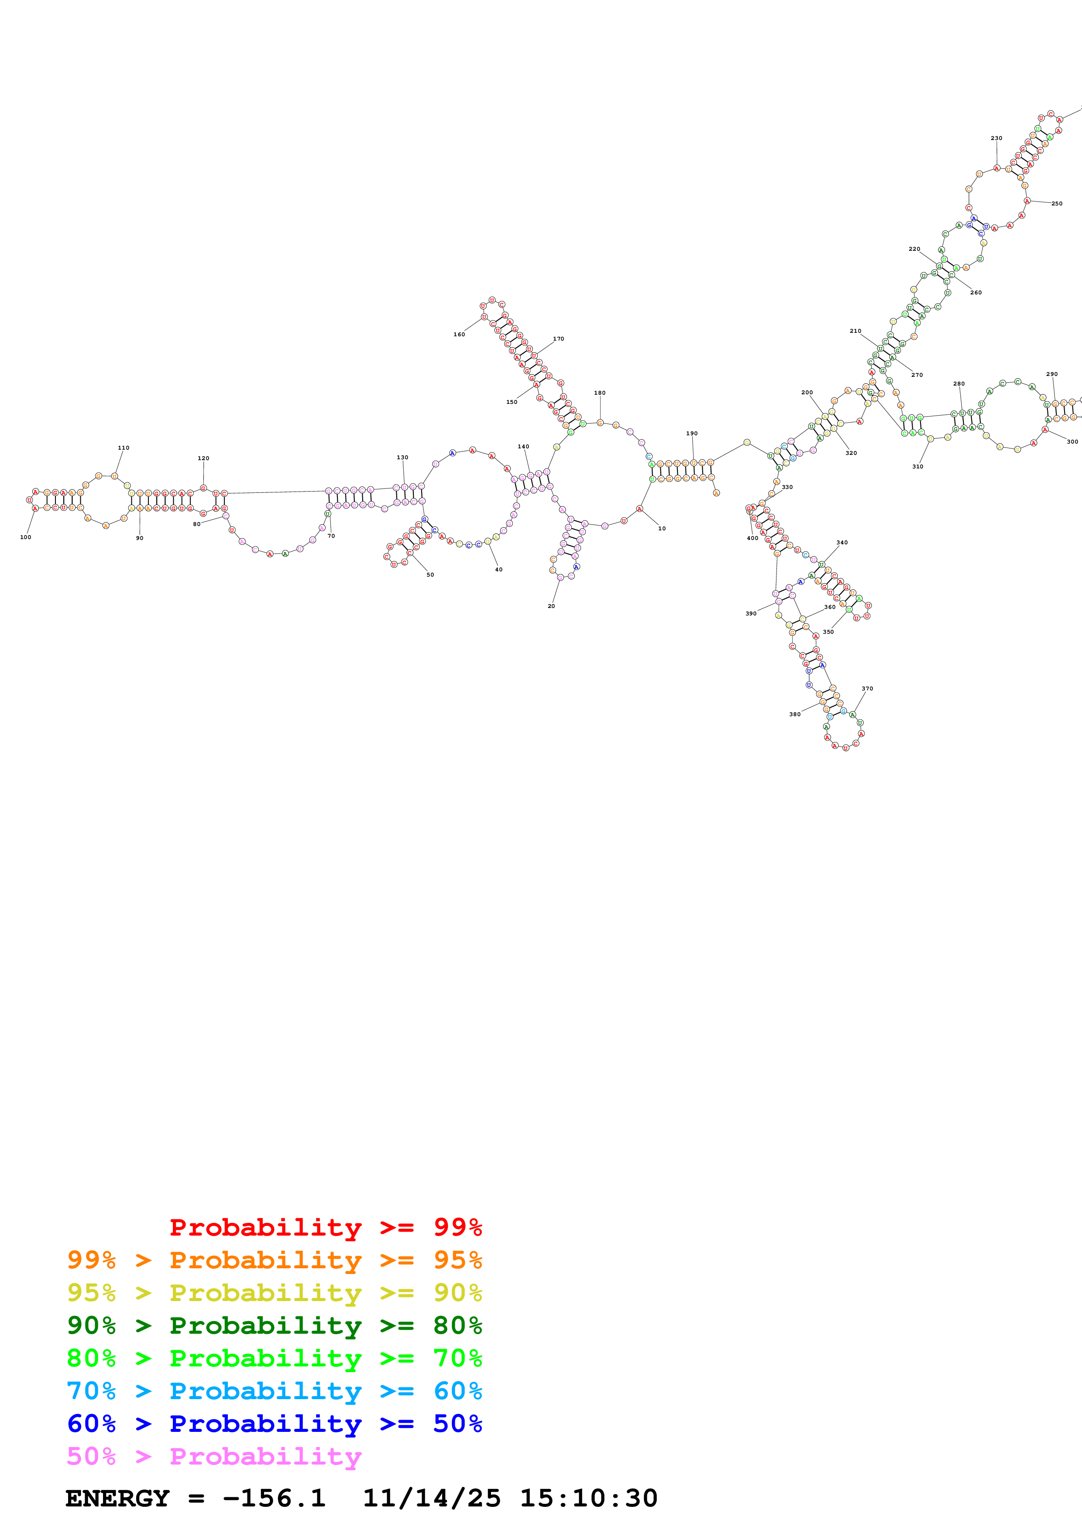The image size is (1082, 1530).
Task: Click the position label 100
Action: pyautogui.click(x=25, y=537)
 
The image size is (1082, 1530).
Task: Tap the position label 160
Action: pyautogui.click(x=459, y=335)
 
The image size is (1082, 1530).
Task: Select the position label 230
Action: pyautogui.click(x=996, y=139)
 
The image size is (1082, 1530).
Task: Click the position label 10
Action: pyautogui.click(x=662, y=529)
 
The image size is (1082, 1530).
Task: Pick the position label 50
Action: pyautogui.click(x=430, y=574)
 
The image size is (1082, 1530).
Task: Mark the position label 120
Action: pyautogui.click(x=203, y=458)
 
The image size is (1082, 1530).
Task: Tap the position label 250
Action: pyautogui.click(x=1057, y=203)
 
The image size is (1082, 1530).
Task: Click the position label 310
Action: pyautogui.click(x=918, y=467)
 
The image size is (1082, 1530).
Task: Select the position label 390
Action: pyautogui.click(x=751, y=614)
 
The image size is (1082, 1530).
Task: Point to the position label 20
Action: pyautogui.click(x=551, y=606)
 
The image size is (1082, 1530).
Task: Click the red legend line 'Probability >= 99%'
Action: pyautogui.click(x=325, y=1227)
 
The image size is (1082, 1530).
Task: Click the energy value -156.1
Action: pyautogui.click(x=274, y=1499)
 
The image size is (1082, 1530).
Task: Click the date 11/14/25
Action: pyautogui.click(x=431, y=1499)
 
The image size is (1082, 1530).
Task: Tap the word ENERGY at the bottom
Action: pyautogui.click(x=117, y=1499)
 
